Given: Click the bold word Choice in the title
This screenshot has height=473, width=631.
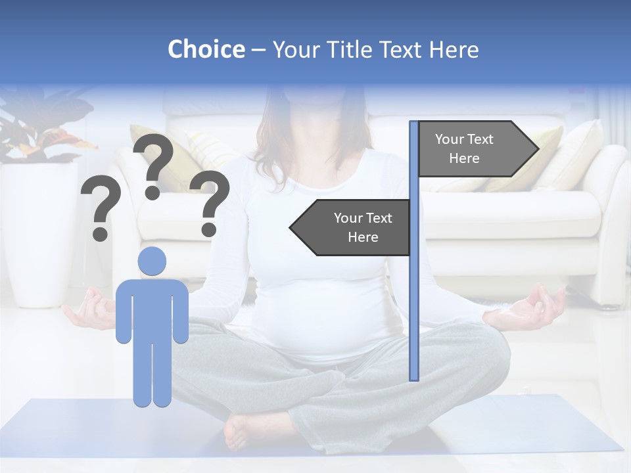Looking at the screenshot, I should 206,49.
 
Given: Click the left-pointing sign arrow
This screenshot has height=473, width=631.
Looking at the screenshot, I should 351,227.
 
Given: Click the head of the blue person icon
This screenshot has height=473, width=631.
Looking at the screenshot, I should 152,261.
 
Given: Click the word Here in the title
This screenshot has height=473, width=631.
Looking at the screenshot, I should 454,50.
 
